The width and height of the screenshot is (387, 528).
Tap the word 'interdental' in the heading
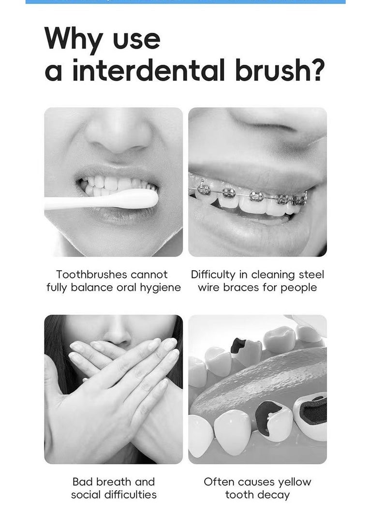point(148,70)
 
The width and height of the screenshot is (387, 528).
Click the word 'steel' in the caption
point(311,275)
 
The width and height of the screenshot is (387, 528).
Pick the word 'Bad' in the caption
point(83,482)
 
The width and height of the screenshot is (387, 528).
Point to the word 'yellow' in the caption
point(295,482)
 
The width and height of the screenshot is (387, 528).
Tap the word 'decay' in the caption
point(274,495)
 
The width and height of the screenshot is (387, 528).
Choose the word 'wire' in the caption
point(209,288)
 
